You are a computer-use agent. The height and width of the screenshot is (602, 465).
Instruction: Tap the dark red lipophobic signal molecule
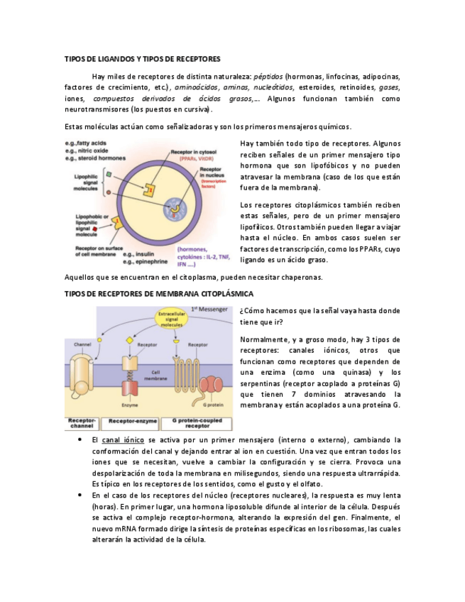click(96, 229)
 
